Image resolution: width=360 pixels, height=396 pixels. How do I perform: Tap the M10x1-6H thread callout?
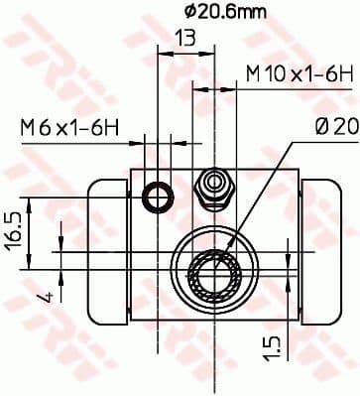300,73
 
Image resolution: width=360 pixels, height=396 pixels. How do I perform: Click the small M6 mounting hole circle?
157,198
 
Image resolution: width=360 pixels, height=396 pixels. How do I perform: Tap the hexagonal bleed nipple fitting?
212,185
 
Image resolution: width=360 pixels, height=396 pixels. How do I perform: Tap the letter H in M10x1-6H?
347,73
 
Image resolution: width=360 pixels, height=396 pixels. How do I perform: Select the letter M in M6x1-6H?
28,126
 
